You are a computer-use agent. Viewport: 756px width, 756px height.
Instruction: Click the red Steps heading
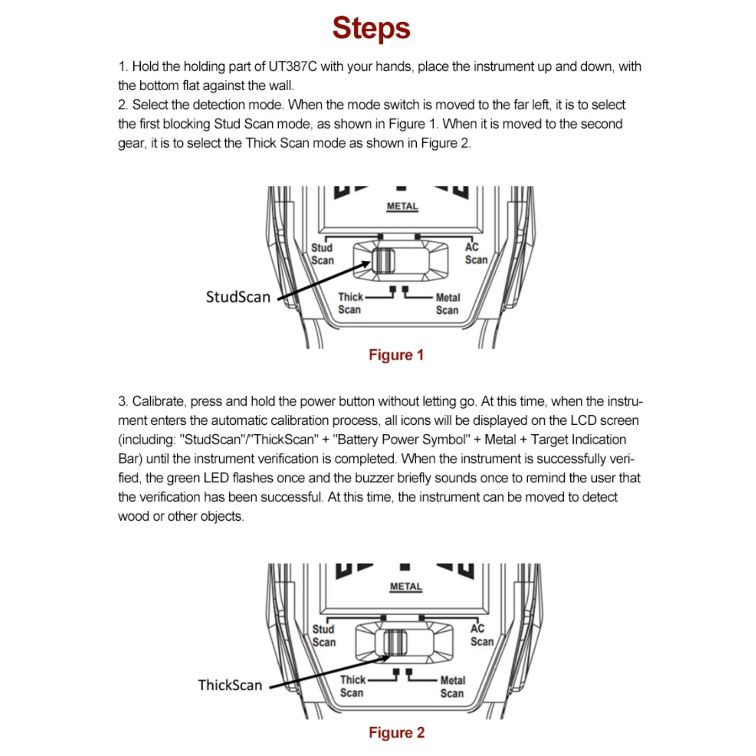pos(371,28)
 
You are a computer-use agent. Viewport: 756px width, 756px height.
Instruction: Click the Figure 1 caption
pos(396,355)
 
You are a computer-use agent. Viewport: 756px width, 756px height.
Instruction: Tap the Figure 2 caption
pos(396,732)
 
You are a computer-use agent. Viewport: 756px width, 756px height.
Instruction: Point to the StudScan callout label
pos(238,297)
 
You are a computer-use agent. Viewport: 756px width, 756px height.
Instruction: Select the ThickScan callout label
pos(230,685)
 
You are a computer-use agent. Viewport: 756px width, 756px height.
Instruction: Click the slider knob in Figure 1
pos(383,260)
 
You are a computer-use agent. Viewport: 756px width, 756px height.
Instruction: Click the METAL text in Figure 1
pos(402,206)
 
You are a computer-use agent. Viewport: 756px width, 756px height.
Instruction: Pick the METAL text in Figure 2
pos(406,587)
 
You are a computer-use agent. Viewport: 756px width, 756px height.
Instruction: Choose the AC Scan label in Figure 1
pos(475,254)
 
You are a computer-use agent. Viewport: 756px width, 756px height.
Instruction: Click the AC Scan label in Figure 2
pos(481,635)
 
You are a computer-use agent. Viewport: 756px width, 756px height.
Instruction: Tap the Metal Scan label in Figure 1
pos(447,304)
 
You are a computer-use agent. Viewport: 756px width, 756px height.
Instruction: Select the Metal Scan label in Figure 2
pos(452,687)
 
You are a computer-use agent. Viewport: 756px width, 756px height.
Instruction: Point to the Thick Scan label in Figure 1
pos(350,303)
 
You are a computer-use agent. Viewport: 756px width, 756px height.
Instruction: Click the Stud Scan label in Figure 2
pos(324,636)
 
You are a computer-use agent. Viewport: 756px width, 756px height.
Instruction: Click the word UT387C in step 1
pos(292,66)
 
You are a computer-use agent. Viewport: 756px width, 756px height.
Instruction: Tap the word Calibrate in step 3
pos(158,401)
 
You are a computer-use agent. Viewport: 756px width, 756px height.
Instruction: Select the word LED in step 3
pos(216,478)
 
